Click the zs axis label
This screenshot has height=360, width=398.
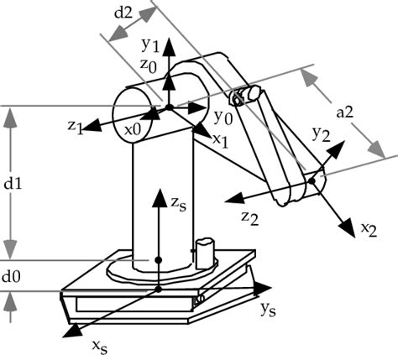click(x=175, y=205)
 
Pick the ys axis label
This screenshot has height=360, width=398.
click(x=269, y=309)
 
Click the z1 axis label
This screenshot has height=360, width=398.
click(x=75, y=126)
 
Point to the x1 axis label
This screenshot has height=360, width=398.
click(x=220, y=139)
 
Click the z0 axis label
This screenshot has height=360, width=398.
click(x=149, y=64)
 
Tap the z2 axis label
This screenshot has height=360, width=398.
click(x=249, y=217)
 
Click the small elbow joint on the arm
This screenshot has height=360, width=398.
click(x=243, y=97)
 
